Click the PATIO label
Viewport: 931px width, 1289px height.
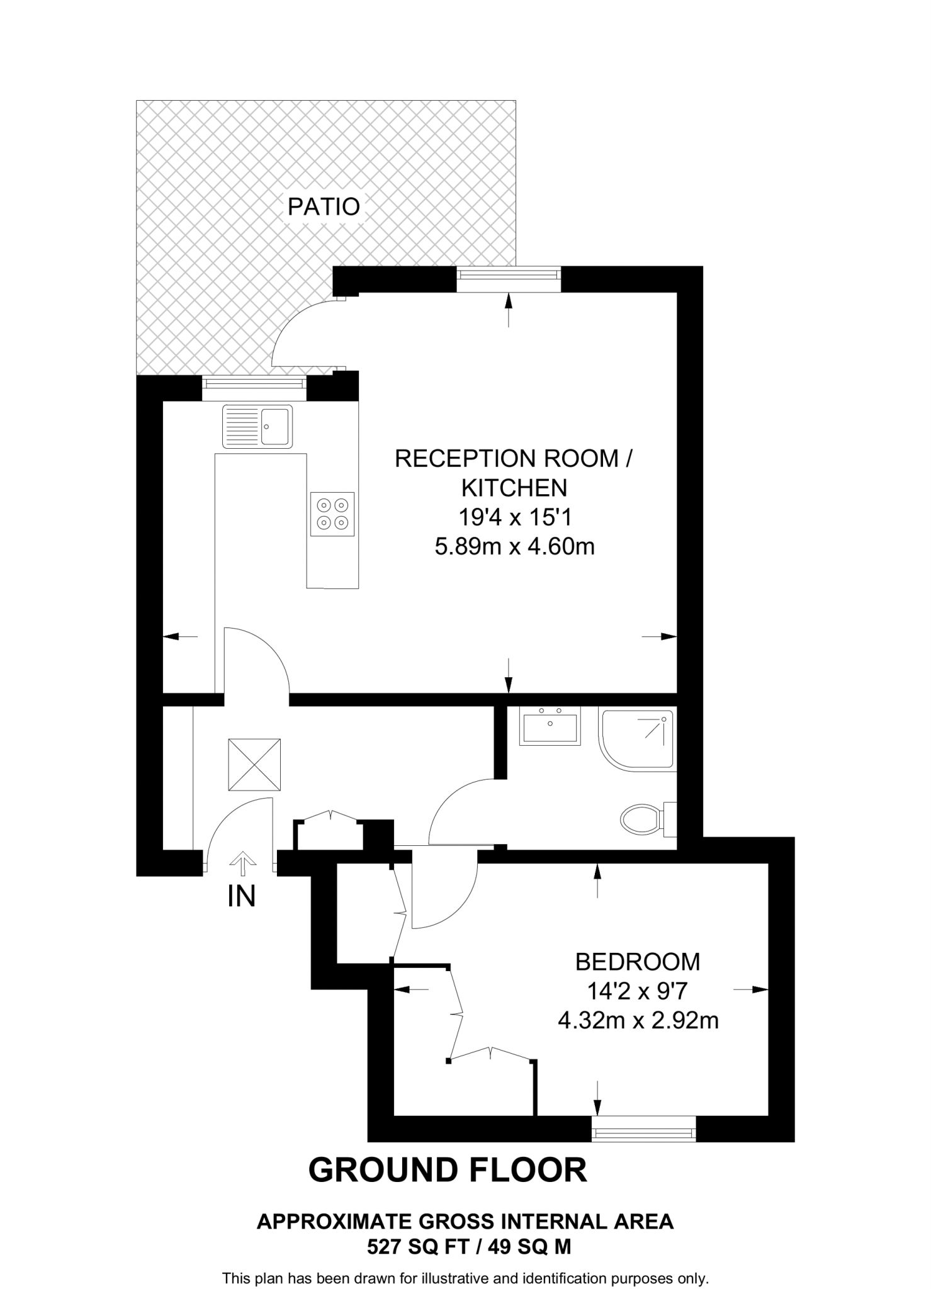click(324, 206)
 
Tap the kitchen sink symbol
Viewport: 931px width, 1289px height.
click(257, 426)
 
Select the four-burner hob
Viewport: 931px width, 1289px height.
click(332, 514)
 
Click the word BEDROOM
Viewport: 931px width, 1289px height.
click(638, 962)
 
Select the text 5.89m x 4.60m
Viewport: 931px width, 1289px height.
click(514, 546)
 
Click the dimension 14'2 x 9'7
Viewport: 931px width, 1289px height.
click(637, 991)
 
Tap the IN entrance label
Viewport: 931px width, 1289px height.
click(242, 897)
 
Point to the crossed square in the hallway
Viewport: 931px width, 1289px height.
click(254, 765)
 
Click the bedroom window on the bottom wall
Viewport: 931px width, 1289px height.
click(644, 1129)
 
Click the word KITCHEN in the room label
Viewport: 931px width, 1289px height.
click(514, 488)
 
